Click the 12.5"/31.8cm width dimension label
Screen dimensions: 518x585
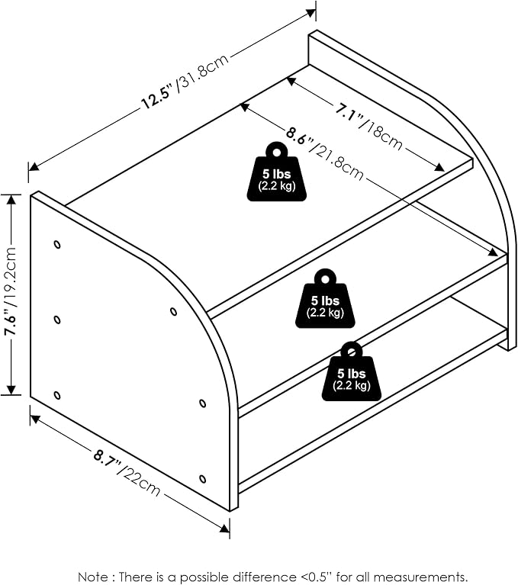point(185,82)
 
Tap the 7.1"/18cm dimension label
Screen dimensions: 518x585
point(368,127)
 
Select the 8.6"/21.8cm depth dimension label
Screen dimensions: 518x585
point(325,153)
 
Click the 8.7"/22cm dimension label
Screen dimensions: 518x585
point(127,474)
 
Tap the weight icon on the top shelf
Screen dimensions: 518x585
point(276,172)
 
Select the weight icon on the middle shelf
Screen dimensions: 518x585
point(325,298)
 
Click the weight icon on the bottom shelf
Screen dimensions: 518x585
point(351,371)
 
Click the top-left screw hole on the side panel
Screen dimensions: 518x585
point(57,245)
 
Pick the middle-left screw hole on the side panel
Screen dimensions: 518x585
point(57,320)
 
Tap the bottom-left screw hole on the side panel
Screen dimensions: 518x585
point(57,395)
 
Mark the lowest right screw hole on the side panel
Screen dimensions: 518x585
point(203,479)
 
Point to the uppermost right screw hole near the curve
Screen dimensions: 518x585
point(173,311)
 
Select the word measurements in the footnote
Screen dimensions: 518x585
point(423,577)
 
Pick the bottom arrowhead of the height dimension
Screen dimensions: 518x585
point(11,389)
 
